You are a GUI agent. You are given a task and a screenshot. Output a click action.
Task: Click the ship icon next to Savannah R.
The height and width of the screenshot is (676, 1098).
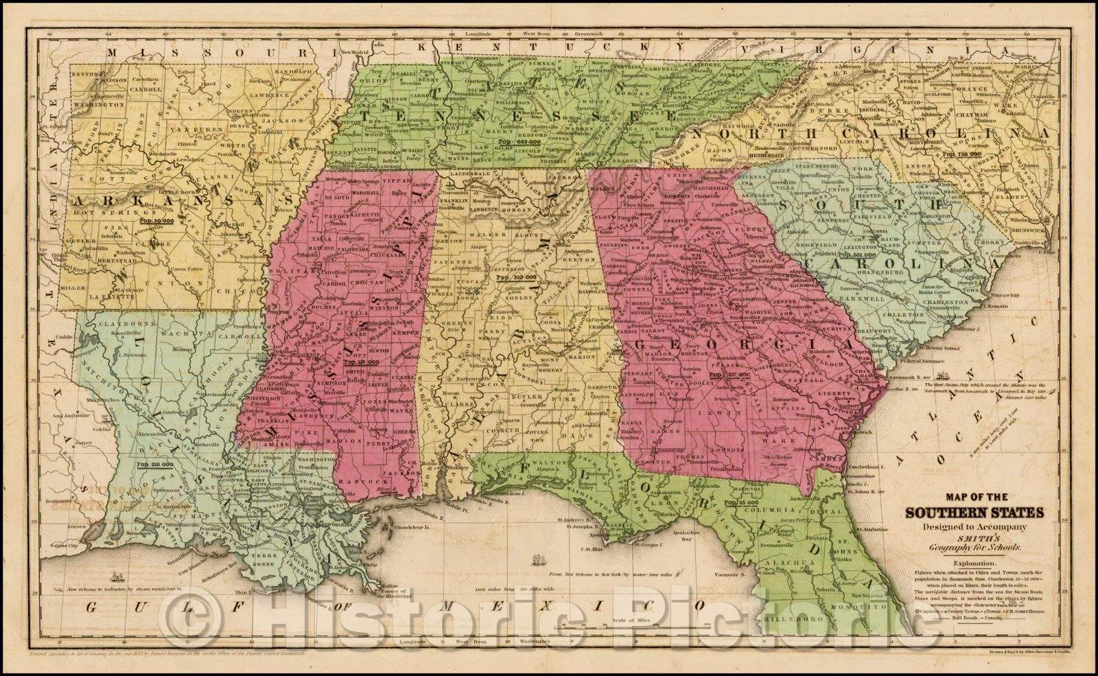(x=946, y=375)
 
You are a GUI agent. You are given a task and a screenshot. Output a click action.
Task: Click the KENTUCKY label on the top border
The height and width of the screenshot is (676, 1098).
(x=549, y=45)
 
